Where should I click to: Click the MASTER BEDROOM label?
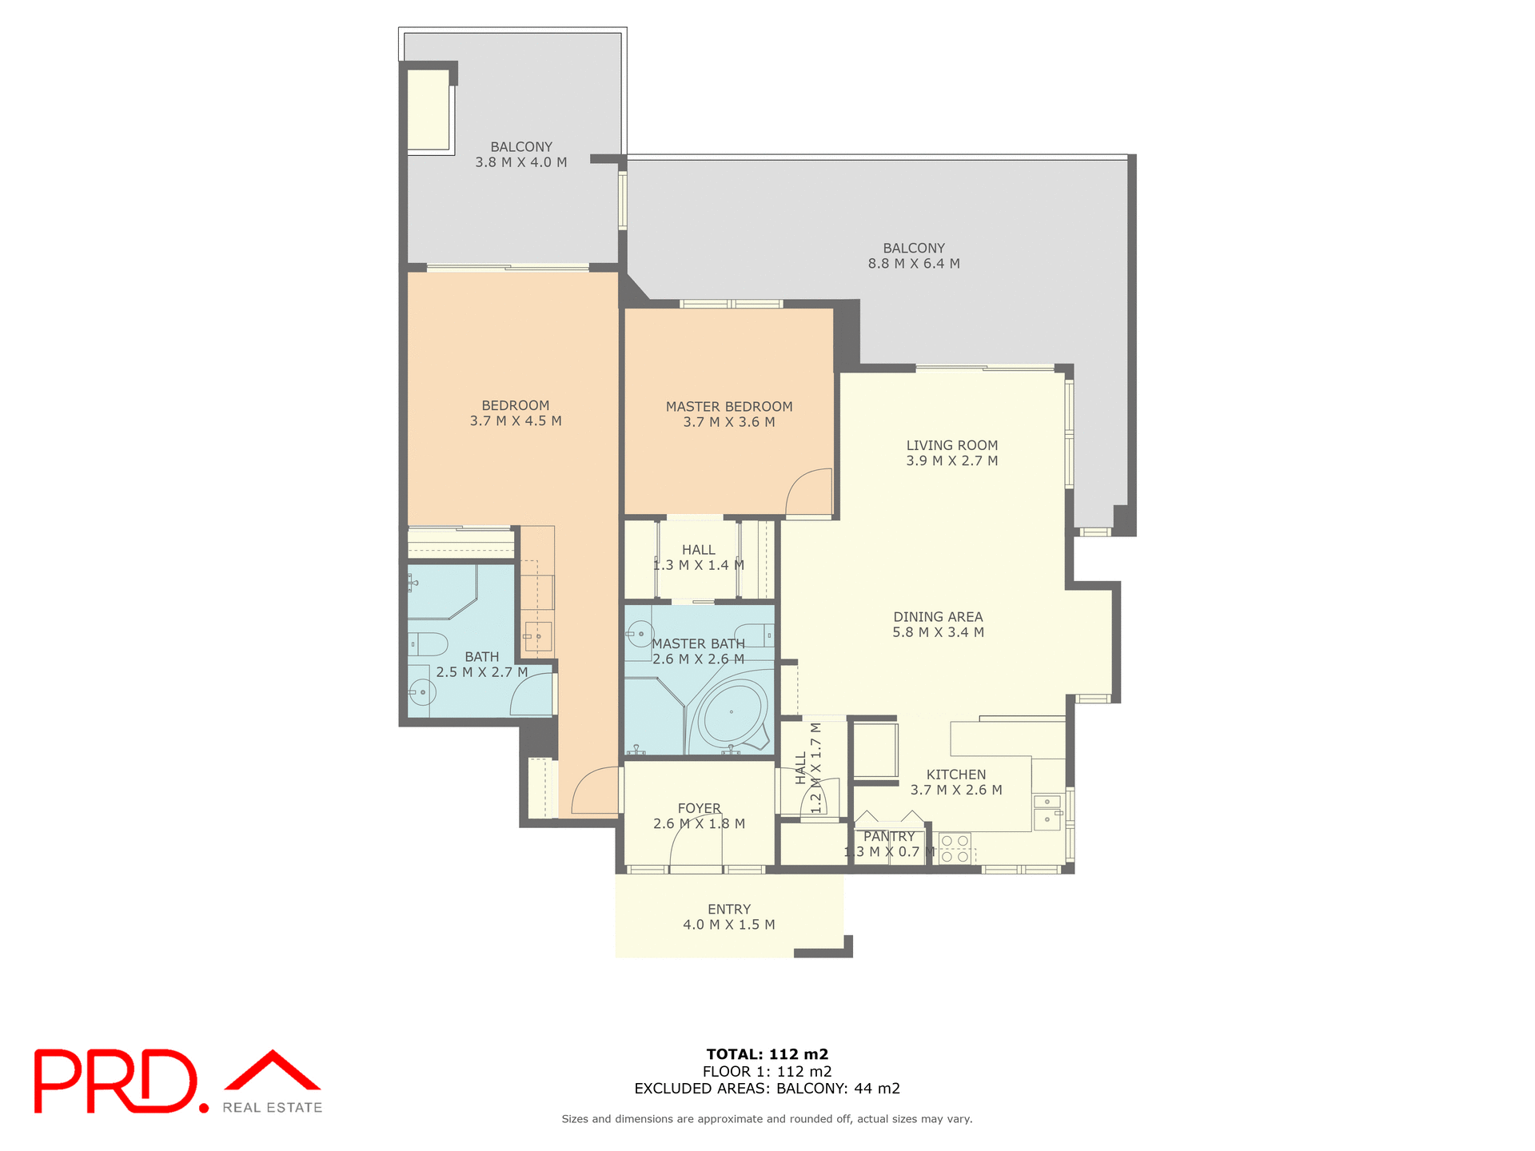728,406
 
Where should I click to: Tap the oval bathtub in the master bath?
732,711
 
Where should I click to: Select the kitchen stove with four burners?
955,848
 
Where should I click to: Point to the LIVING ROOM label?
951,445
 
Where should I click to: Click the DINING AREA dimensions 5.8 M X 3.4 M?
938,632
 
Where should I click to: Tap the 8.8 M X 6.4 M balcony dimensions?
914,264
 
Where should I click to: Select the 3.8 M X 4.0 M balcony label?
521,154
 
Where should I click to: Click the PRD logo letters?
116,1081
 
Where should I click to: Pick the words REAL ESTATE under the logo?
272,1108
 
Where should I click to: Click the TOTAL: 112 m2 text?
767,1054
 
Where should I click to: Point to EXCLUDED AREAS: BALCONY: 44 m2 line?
767,1089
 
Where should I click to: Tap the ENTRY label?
728,909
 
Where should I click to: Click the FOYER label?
699,808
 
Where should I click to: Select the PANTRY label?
888,836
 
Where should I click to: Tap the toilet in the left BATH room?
426,643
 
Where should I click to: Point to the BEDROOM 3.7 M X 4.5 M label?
516,413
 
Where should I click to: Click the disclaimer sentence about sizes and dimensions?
767,1119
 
